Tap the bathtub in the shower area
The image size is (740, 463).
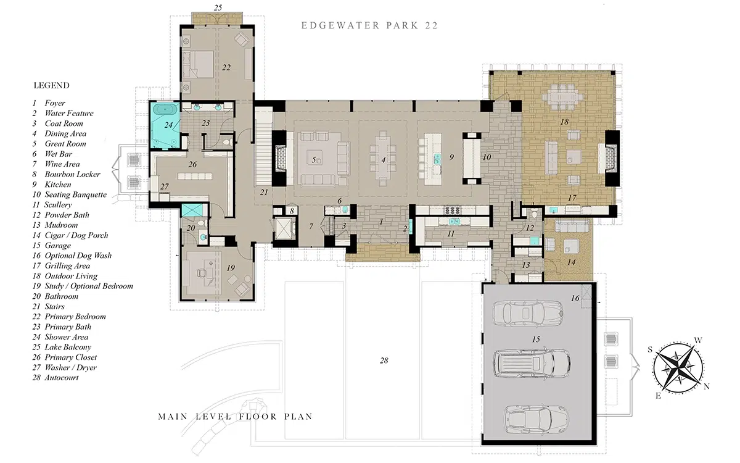click(x=166, y=109)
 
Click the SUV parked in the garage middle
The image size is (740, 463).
click(x=532, y=364)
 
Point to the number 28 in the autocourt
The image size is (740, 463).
click(x=384, y=361)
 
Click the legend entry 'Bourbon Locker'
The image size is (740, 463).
click(x=72, y=174)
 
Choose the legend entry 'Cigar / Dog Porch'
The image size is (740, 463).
click(x=76, y=235)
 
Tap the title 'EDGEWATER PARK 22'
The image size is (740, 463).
click(x=369, y=25)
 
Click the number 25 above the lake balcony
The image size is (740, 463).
click(x=218, y=7)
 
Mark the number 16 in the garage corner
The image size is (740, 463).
click(x=575, y=298)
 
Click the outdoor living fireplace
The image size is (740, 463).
click(x=611, y=159)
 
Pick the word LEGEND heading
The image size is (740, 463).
click(x=52, y=86)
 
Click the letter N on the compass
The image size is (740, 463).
click(x=707, y=386)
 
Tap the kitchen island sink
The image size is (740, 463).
click(x=437, y=159)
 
